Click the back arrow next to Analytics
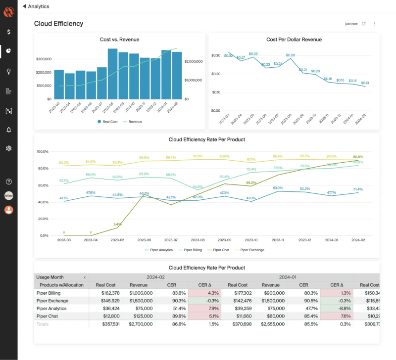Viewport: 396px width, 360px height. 24,6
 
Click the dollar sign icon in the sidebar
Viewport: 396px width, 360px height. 9,32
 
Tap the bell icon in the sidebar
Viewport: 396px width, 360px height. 9,130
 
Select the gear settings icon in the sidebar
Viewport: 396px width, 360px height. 9,148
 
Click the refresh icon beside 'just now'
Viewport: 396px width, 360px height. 364,24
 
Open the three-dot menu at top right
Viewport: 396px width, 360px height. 375,24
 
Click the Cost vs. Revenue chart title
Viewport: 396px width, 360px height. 119,40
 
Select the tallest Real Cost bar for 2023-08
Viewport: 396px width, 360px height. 112,74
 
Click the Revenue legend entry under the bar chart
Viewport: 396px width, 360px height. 132,122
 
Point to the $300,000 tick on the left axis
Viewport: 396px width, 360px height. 44,59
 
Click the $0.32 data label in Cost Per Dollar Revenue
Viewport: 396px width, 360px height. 228,55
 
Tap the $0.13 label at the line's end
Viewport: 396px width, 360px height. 365,83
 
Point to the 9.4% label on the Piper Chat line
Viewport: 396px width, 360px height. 117,224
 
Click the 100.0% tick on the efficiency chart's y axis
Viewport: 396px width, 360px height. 43,151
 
